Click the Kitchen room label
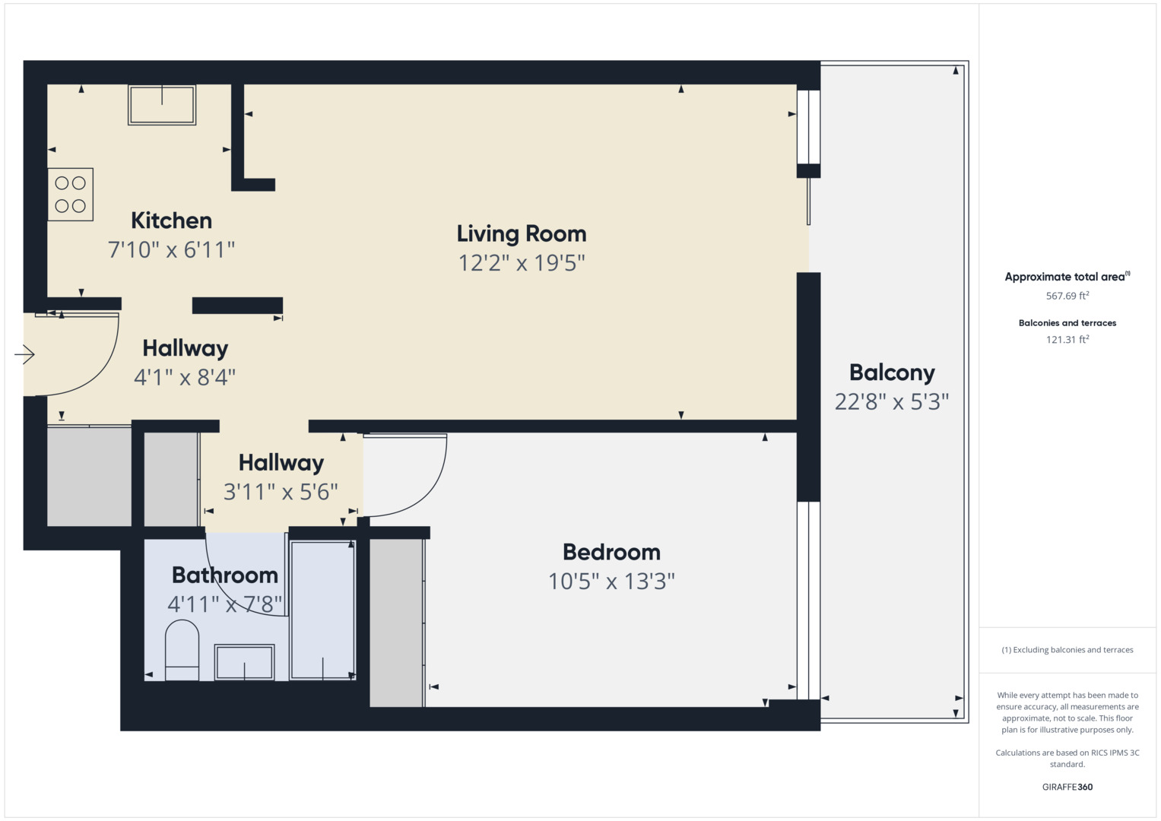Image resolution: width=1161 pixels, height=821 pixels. coord(171,220)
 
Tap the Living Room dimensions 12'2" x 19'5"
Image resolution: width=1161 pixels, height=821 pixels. coord(521,263)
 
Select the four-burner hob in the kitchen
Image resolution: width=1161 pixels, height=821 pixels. coord(71,195)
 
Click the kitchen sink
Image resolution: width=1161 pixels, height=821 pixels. coord(162,105)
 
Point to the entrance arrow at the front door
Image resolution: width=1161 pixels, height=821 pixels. coord(24,354)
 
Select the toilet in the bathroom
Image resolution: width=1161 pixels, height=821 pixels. coord(182,650)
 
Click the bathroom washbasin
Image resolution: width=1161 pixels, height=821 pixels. coord(244,661)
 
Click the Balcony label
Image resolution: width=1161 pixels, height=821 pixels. coord(892,372)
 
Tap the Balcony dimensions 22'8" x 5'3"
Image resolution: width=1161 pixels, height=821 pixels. coord(892,401)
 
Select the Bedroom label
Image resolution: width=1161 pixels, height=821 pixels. coord(611,552)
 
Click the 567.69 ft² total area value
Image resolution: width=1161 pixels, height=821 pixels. coord(1067,296)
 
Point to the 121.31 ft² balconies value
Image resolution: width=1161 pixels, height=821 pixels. coord(1067,340)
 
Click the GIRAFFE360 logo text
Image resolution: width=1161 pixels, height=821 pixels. coord(1067,787)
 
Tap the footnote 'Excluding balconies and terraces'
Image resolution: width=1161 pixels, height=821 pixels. coord(1067,650)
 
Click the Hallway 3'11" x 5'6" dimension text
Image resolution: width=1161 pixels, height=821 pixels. coord(281,492)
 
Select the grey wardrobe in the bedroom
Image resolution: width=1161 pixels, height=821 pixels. coord(396,622)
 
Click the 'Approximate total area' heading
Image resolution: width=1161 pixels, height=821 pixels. coord(1067,277)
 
